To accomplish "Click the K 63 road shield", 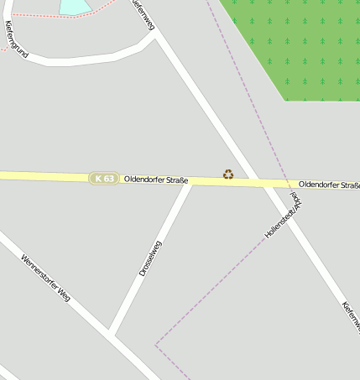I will click(104, 179).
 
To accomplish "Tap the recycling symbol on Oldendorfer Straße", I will click(228, 174).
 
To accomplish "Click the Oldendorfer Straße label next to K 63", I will click(155, 180).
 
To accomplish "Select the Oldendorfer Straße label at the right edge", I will click(329, 185).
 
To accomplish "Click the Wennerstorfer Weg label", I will click(45, 278).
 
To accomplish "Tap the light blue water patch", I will click(74, 7).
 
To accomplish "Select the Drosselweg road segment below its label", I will click(126, 302).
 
